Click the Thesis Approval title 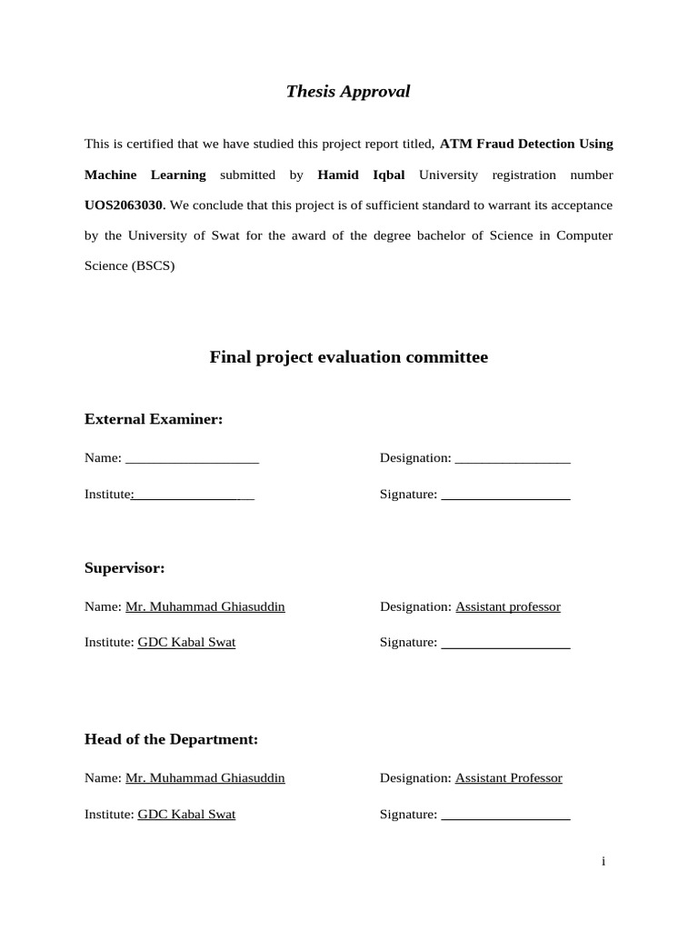(348, 91)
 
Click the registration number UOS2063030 (125, 205)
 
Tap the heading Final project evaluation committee (349, 357)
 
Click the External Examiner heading (154, 419)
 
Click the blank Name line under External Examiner (192, 460)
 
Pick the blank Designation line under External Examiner (513, 460)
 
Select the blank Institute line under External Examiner (194, 497)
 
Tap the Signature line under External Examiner (505, 497)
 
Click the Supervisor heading (125, 568)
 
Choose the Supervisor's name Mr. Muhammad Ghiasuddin (205, 606)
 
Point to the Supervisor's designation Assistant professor (508, 606)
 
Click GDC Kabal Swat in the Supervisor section (186, 642)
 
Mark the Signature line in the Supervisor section (505, 645)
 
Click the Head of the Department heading (171, 739)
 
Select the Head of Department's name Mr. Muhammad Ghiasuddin (205, 778)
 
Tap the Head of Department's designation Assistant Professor (509, 778)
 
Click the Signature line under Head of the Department (505, 817)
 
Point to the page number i (603, 862)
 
